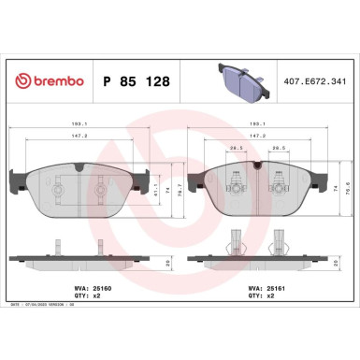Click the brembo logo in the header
tap(46, 82)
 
